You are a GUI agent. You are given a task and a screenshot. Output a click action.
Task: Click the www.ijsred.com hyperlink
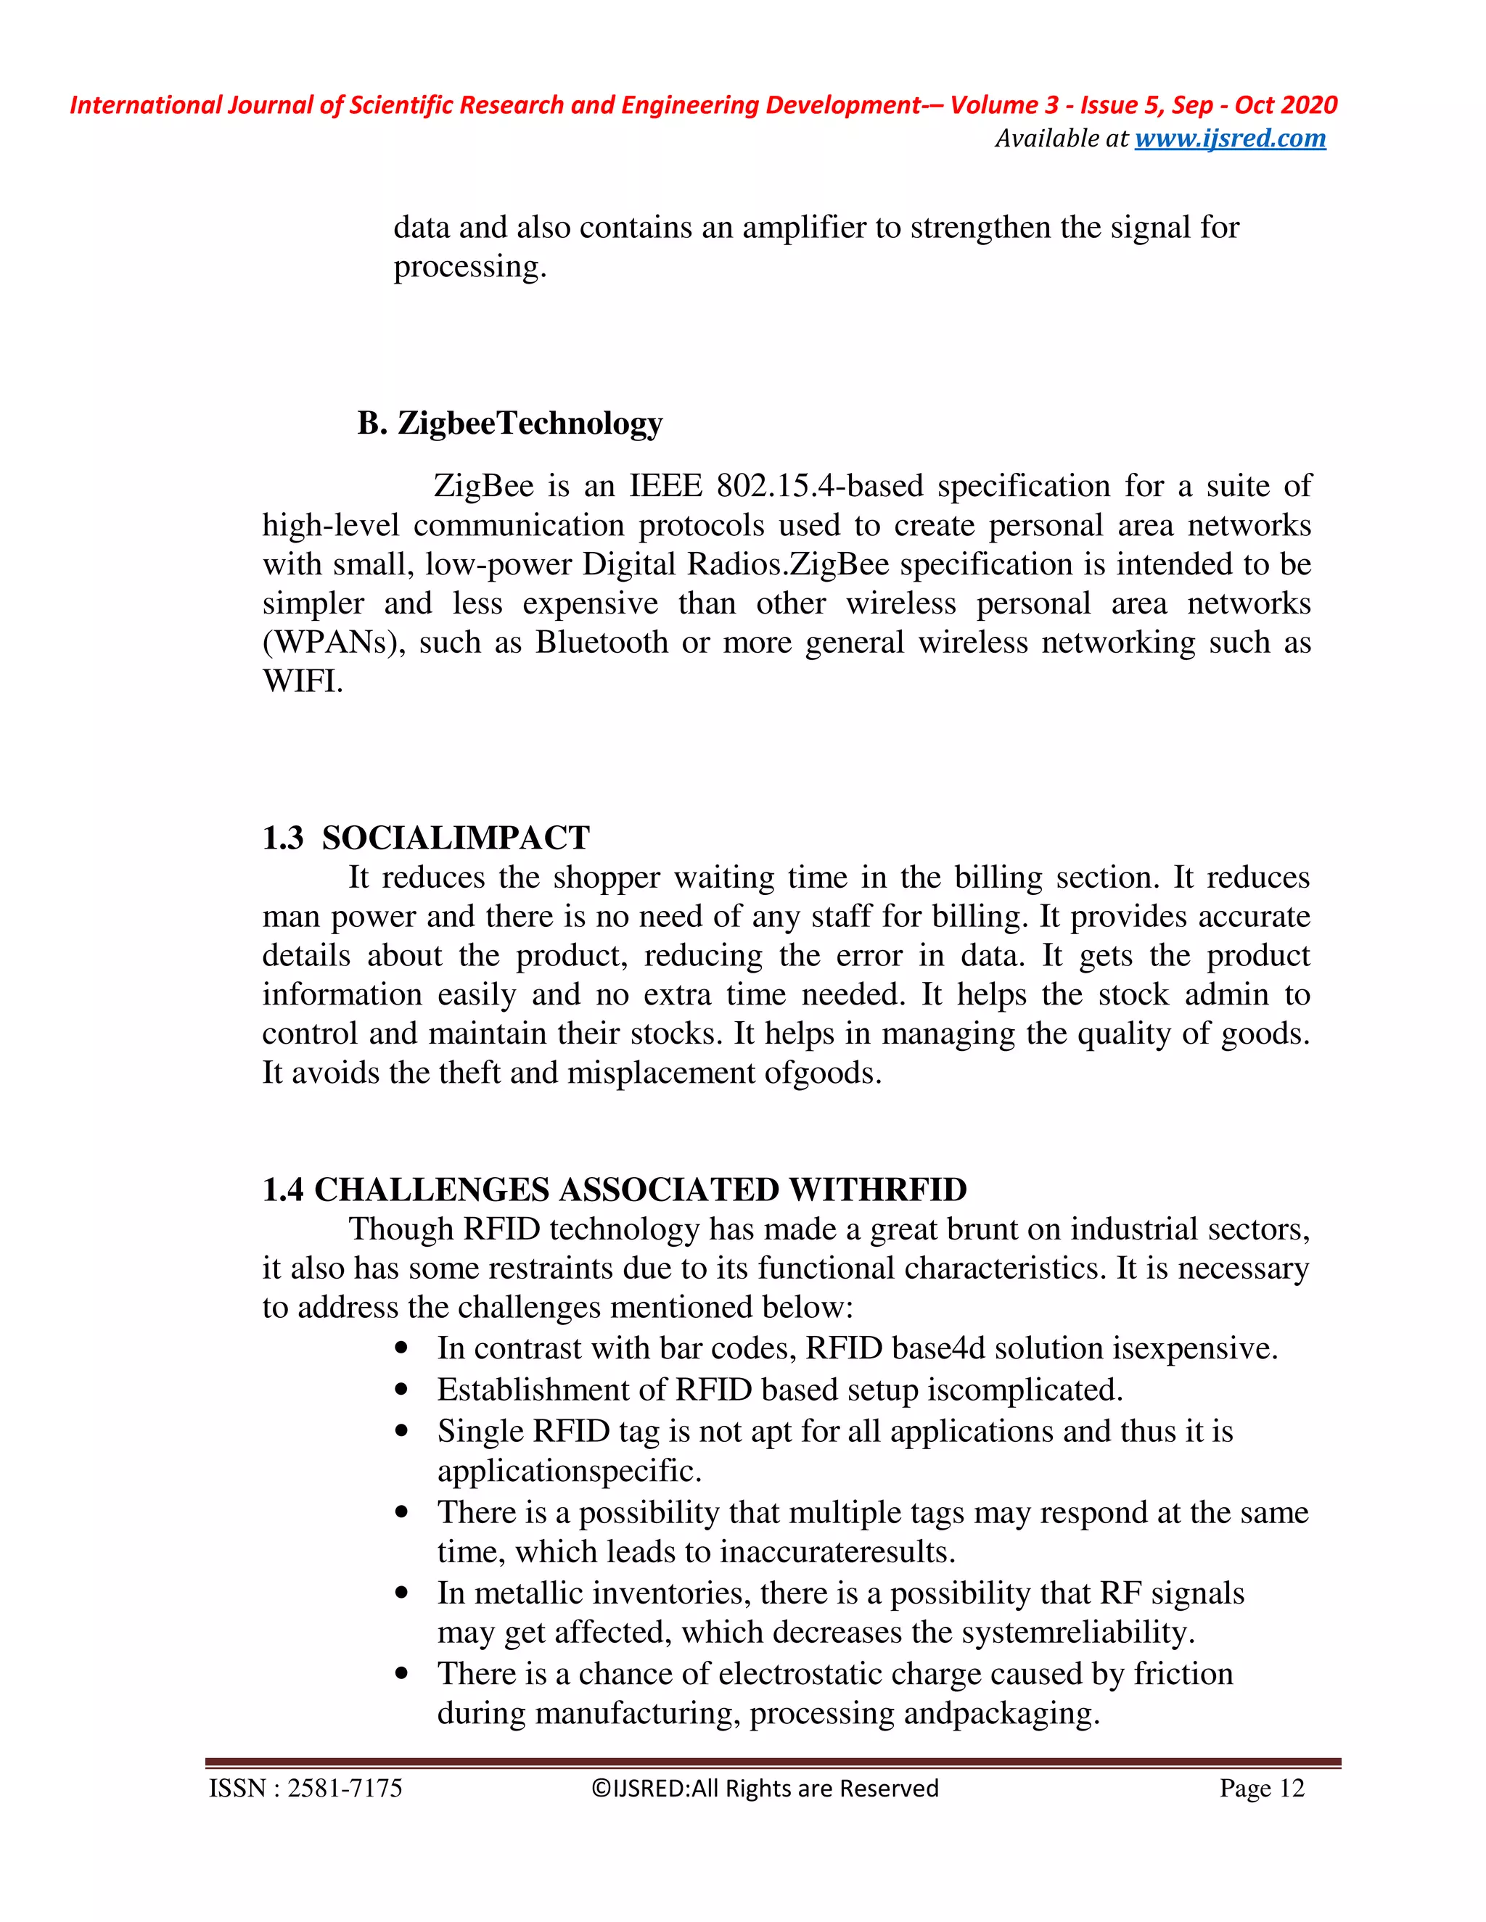click(1230, 138)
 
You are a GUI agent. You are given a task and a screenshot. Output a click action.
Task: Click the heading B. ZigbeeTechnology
click(509, 424)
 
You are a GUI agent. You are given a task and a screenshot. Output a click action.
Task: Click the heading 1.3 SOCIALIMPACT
click(425, 838)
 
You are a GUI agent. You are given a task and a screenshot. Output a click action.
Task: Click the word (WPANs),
click(334, 643)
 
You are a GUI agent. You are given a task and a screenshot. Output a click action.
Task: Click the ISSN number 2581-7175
click(344, 1789)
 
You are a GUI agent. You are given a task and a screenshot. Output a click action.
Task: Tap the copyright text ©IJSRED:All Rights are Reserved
click(765, 1789)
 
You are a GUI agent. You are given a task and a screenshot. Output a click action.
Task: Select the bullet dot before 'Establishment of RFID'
click(401, 1390)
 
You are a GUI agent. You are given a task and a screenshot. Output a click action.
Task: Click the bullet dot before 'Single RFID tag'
click(401, 1431)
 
